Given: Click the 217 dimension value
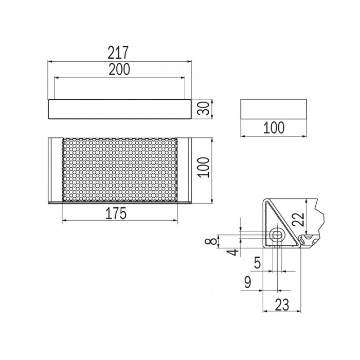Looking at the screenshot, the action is (118, 52).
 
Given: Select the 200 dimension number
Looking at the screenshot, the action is (119, 69).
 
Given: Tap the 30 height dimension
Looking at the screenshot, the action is (203, 109).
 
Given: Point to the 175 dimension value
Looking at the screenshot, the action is (116, 213).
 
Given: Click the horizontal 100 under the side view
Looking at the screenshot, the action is (274, 128).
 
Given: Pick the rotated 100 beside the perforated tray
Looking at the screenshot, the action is (204, 167).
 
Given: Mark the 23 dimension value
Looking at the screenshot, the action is (282, 305).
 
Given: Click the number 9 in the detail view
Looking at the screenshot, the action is (248, 282).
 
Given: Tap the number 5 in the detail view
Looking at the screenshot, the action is (257, 263).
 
